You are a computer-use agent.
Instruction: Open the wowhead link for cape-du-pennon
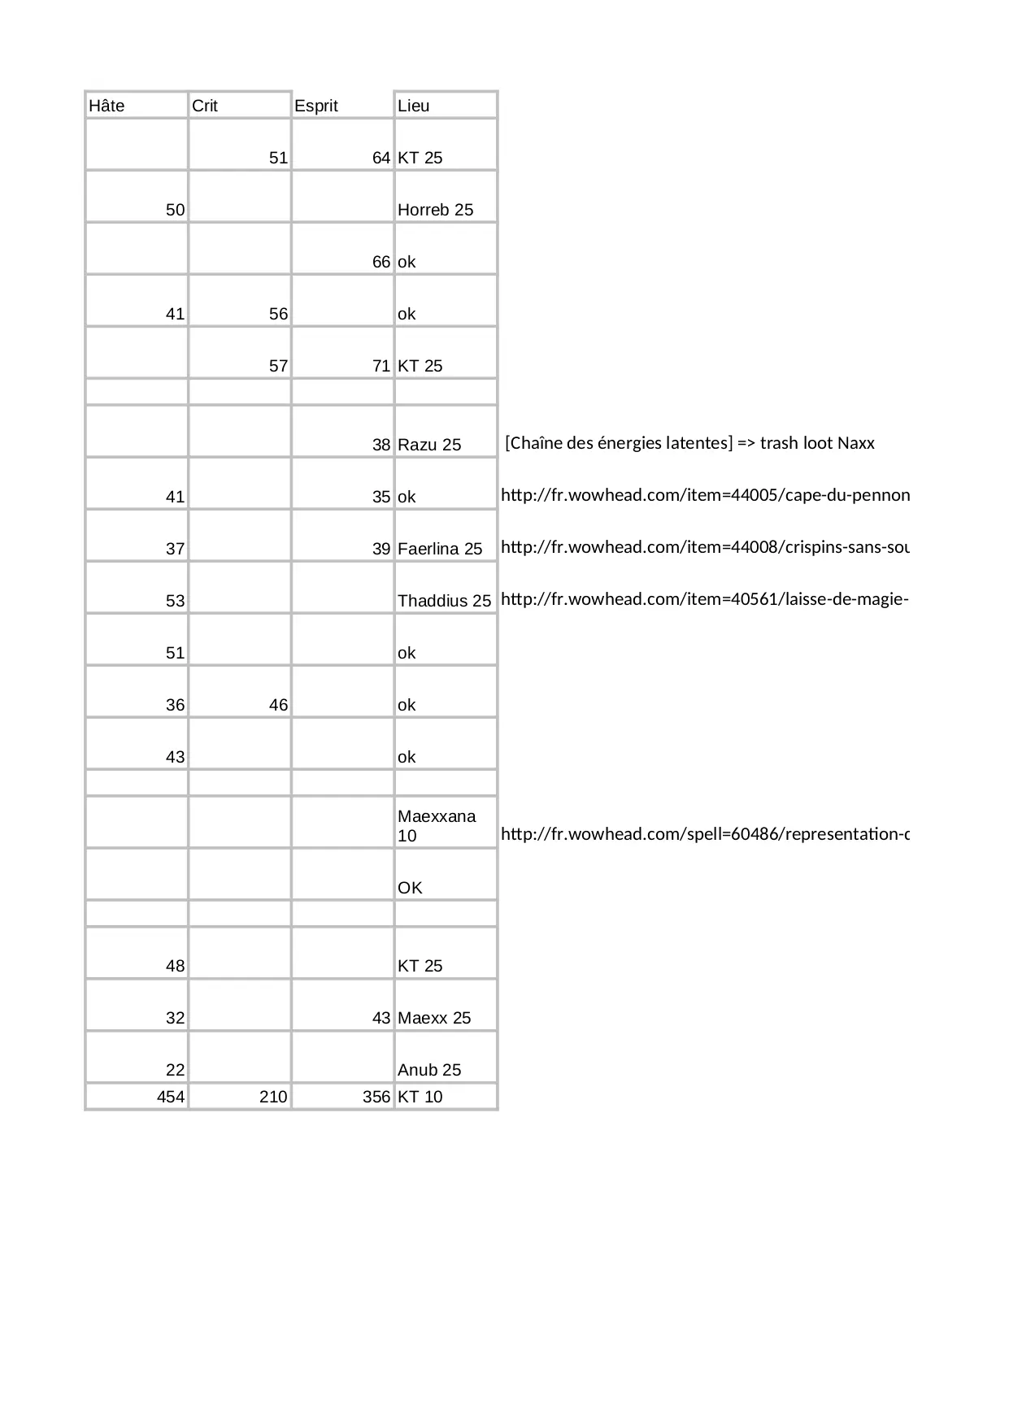tap(705, 495)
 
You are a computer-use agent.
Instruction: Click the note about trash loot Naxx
tap(689, 443)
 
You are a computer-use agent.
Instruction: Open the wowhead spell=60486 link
tap(705, 834)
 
